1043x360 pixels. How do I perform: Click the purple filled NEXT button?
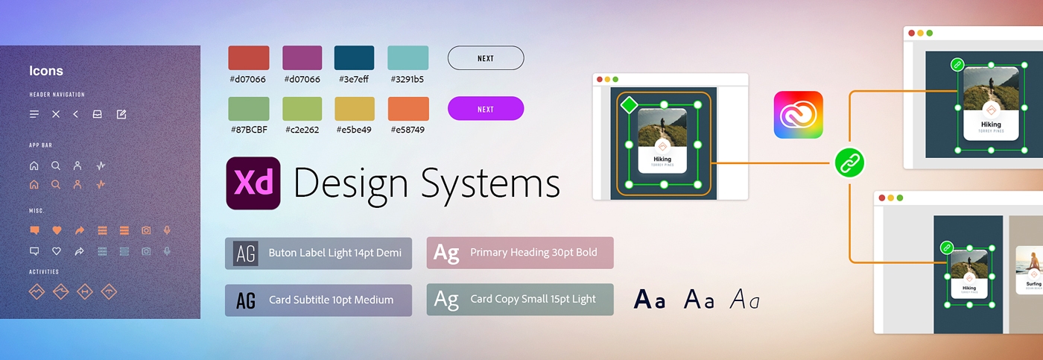pos(486,109)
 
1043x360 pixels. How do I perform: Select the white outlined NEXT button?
pos(486,58)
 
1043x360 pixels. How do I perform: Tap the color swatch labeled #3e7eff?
pos(354,58)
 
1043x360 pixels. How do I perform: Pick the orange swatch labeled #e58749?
pos(408,109)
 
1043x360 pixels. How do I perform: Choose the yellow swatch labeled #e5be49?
pos(355,109)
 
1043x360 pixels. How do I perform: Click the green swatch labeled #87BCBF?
pos(249,109)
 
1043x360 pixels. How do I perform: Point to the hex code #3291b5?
pos(407,79)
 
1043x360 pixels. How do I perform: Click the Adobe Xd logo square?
pos(253,183)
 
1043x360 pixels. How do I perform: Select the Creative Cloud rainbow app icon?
pos(798,115)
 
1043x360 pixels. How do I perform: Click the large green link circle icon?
pos(849,162)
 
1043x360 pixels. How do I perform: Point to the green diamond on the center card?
pos(630,105)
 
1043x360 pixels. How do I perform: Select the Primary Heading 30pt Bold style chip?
pos(520,253)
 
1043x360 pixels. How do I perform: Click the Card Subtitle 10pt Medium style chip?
pos(318,300)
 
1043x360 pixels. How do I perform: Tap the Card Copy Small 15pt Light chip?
pos(520,300)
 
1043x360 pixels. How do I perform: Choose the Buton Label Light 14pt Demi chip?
pos(318,253)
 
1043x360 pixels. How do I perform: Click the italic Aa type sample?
pos(744,300)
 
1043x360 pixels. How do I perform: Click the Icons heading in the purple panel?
pos(46,71)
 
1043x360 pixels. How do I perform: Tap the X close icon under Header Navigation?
pos(56,114)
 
